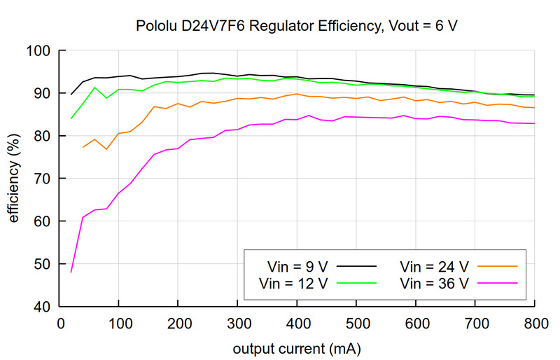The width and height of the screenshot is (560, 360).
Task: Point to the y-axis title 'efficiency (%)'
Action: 14,179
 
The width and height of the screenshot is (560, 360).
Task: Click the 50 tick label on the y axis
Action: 39,264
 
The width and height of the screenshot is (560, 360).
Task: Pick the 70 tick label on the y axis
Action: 39,179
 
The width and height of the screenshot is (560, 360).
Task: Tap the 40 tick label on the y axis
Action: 39,307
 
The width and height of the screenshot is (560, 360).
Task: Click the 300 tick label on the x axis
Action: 237,324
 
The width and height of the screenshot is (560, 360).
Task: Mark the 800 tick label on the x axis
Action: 534,324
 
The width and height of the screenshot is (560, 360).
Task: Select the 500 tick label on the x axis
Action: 356,324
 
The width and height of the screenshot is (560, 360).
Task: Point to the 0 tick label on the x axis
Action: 59,324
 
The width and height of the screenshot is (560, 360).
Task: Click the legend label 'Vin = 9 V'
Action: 298,266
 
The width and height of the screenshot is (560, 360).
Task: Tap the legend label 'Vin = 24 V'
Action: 433,266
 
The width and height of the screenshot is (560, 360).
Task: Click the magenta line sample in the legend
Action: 496,283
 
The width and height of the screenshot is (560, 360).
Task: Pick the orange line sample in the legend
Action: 496,266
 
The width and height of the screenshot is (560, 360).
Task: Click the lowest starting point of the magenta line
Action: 71,272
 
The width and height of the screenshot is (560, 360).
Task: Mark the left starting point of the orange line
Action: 83,147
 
